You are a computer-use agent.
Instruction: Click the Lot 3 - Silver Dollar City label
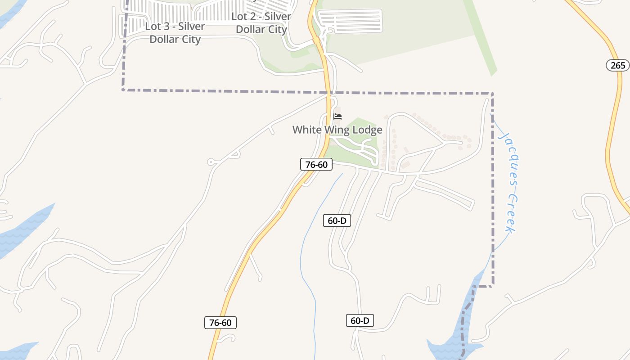click(175, 33)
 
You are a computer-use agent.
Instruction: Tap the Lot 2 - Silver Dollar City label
click(261, 23)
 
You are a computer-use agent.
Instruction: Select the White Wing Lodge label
click(337, 130)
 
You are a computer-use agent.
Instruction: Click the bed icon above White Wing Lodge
click(337, 117)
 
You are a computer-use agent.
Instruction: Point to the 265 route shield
click(618, 65)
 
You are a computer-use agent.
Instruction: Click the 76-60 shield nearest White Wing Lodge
click(316, 165)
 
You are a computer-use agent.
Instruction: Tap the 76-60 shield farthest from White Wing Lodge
click(220, 323)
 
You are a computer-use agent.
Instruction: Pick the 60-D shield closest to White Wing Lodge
click(337, 220)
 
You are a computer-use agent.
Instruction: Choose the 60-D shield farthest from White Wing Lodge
click(360, 320)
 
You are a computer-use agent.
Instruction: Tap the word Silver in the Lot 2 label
click(278, 17)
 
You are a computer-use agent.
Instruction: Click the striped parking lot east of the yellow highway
click(350, 21)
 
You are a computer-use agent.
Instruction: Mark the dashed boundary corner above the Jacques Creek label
click(492, 94)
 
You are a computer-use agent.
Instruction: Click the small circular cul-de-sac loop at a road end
click(211, 162)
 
